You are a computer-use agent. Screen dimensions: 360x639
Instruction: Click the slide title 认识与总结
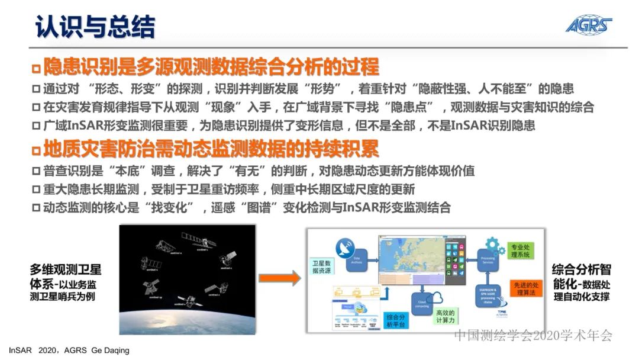click(x=95, y=27)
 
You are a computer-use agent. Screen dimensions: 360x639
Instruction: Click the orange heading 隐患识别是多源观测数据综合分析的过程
click(x=210, y=66)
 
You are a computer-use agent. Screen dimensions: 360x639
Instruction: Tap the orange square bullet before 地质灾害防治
click(x=36, y=149)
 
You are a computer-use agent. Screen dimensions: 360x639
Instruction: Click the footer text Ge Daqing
click(x=110, y=351)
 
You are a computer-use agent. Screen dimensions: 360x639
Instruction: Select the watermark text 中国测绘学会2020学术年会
click(x=532, y=335)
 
